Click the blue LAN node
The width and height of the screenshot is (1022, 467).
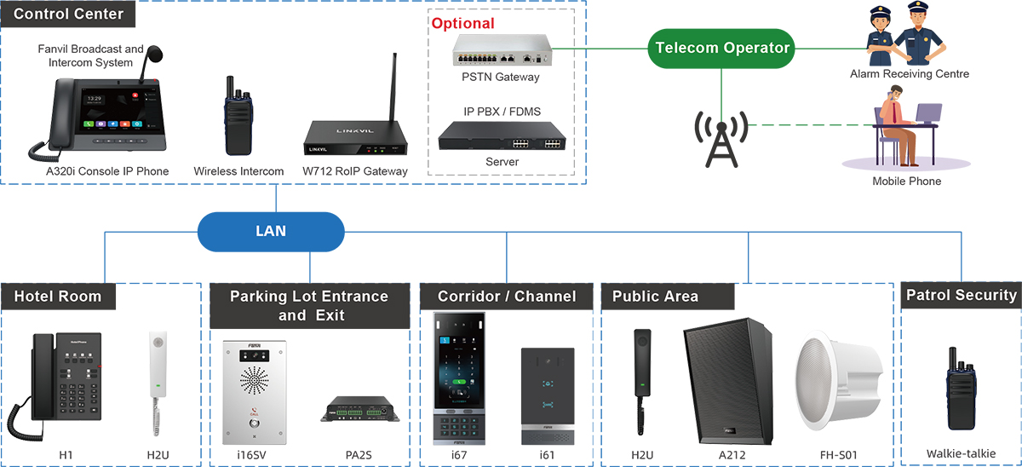tap(271, 231)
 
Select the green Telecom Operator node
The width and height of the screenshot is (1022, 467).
tap(722, 49)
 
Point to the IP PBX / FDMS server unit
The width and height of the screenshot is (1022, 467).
tap(502, 135)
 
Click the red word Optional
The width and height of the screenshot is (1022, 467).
tap(462, 24)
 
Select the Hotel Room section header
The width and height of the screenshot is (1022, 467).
tap(58, 297)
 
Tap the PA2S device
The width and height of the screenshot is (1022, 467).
tap(359, 410)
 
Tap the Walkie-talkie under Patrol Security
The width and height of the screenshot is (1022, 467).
tap(962, 393)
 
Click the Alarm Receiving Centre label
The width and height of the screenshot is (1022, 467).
tap(910, 74)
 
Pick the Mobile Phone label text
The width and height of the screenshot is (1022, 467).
tap(907, 182)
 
